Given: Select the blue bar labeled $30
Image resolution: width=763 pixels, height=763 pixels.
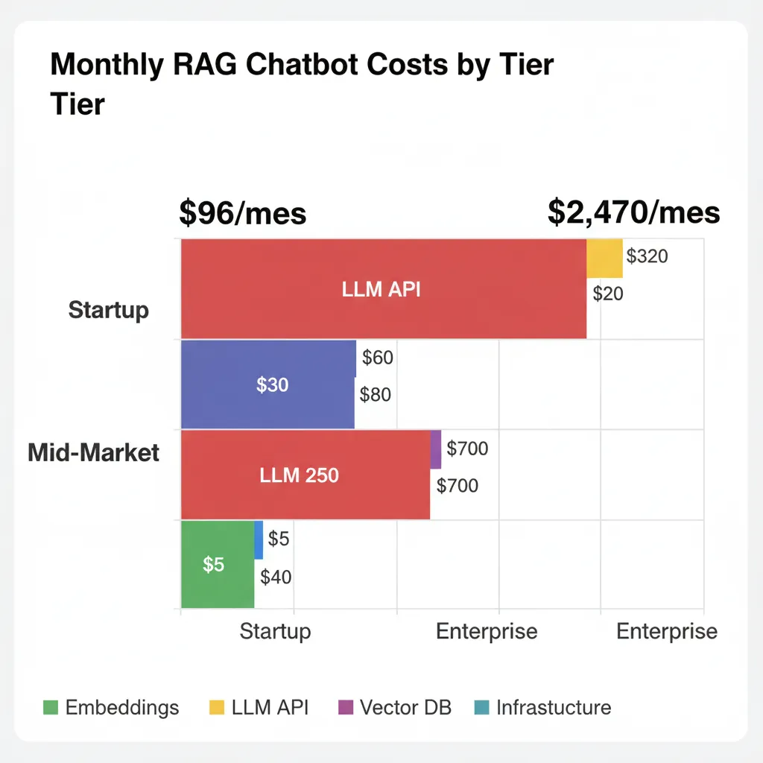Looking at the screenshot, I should coord(268,384).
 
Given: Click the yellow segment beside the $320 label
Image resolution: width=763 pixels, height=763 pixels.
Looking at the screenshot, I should coord(604,258).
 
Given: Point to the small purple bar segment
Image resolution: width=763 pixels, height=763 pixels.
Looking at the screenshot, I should coord(436,449).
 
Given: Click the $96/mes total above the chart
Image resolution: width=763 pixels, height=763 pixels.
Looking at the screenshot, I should coord(243,213).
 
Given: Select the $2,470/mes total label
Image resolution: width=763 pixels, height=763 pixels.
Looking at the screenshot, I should coord(633,212).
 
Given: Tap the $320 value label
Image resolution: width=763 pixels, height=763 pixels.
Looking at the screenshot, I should coord(647,257).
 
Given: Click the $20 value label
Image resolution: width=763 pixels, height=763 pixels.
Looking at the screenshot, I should coord(608,294).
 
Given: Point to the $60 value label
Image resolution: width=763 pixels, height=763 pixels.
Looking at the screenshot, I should coord(377,358).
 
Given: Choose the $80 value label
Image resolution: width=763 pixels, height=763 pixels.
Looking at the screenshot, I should coord(375,395).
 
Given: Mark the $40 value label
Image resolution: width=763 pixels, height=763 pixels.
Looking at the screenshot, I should coord(276,576).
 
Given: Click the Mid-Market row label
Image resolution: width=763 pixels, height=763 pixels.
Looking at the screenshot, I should coord(94,452).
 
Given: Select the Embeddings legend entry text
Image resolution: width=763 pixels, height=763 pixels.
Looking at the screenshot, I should coord(122,707).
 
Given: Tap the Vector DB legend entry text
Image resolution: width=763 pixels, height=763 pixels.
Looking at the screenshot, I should coord(405,707).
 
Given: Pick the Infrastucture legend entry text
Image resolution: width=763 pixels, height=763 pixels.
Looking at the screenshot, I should coord(554,707).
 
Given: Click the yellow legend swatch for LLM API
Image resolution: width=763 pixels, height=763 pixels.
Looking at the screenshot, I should coord(217,708).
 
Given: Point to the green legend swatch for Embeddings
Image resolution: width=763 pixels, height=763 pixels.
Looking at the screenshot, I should coord(51,708).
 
